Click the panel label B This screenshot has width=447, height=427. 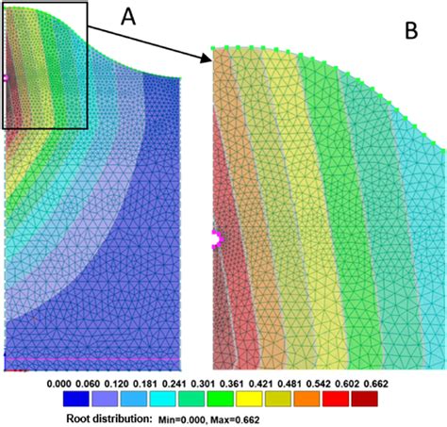(x=411, y=31)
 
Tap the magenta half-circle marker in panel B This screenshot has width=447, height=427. (x=216, y=239)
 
